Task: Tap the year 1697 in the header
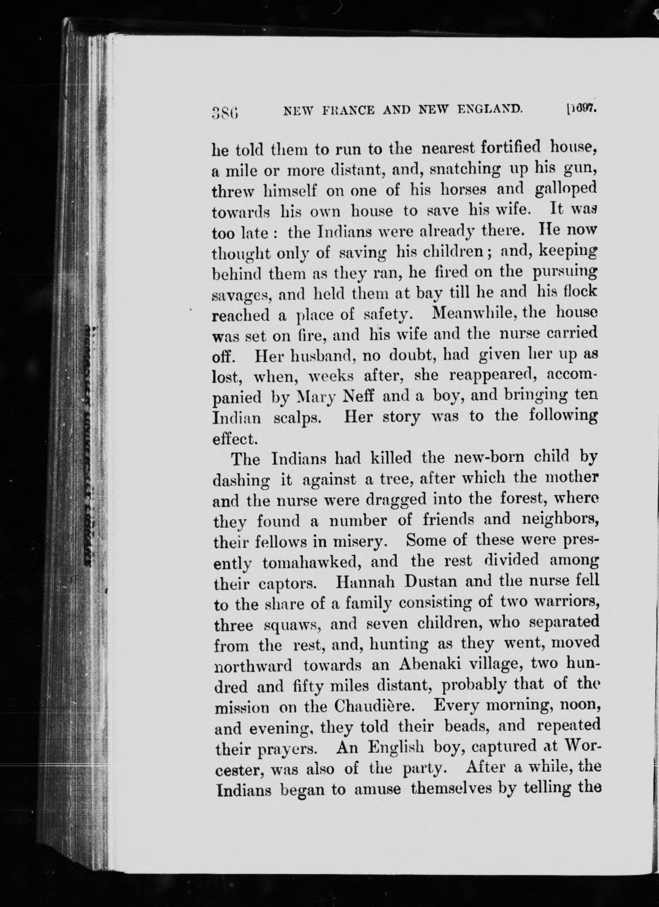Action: [582, 110]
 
